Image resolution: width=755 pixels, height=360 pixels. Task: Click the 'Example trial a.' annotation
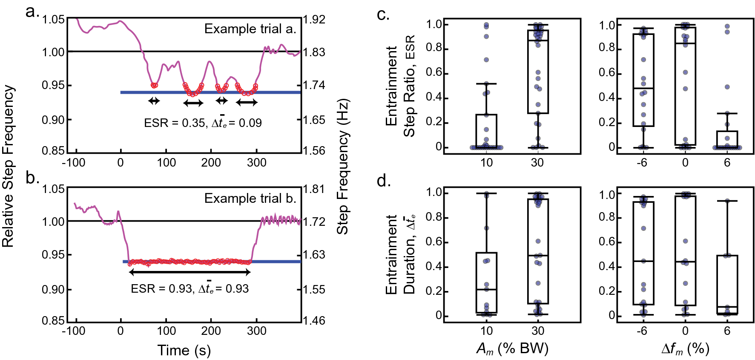coord(250,29)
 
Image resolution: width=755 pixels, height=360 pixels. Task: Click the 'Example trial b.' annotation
coord(250,199)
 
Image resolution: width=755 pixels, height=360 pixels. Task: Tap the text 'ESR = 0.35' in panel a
coord(175,123)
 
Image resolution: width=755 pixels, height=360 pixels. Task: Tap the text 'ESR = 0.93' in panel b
coord(161,289)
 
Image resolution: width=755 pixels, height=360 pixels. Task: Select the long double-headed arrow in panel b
coord(189,272)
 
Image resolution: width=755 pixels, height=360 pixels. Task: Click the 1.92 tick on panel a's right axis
coord(314,20)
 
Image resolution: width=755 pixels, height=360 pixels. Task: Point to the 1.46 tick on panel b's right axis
coord(314,320)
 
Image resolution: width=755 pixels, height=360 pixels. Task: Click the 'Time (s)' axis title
coord(184,350)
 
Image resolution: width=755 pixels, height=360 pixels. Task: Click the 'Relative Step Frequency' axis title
coord(9,166)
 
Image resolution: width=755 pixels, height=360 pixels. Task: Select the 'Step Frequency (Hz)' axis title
coord(343,166)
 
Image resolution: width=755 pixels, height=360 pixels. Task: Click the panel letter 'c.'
coord(383,14)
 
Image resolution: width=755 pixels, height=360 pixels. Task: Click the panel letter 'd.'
coord(383,181)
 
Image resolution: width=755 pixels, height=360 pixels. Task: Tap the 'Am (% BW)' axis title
coord(512,348)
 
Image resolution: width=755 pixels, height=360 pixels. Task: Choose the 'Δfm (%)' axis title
coord(685,348)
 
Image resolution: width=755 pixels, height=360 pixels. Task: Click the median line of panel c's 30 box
coord(538,40)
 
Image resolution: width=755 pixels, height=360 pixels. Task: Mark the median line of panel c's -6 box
coord(643,88)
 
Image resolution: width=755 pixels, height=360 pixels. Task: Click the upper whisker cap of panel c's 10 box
coord(486,84)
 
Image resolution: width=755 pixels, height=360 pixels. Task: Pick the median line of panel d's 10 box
coord(486,290)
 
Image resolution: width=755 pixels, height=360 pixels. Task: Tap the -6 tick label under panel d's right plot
coord(642,331)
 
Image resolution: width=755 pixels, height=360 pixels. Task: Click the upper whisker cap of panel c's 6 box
coord(727,113)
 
